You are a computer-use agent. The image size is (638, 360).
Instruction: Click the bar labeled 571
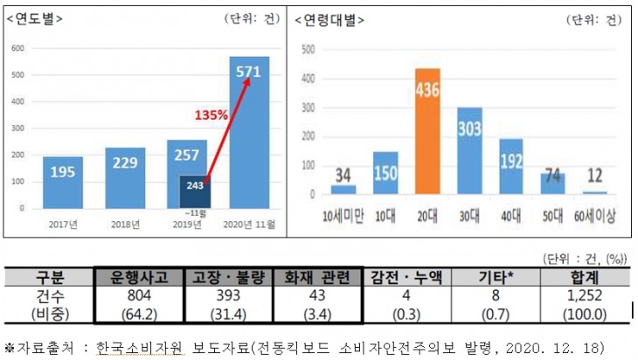click(249, 131)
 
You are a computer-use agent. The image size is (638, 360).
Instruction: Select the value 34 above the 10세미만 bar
click(342, 175)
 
